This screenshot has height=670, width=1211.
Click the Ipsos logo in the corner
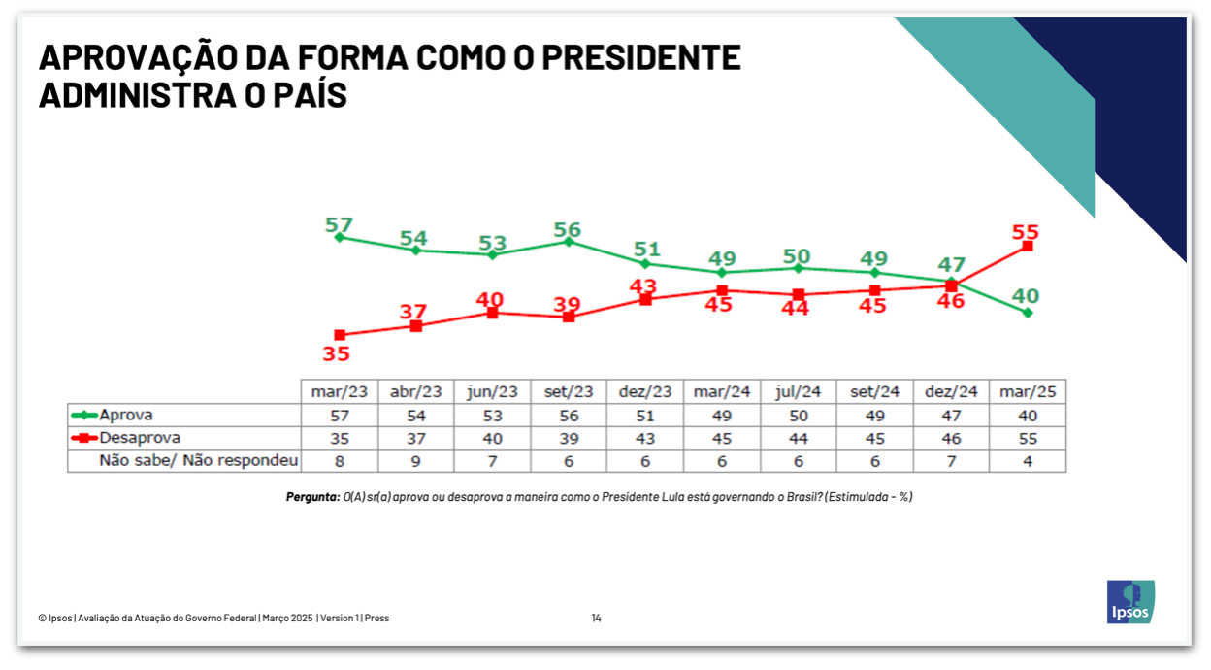point(1130,601)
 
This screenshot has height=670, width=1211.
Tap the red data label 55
point(1026,232)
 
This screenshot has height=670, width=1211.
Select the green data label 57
point(338,226)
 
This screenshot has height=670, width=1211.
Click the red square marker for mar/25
point(1027,247)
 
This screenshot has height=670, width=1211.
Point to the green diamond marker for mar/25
point(1027,313)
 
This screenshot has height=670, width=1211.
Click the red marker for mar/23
point(339,335)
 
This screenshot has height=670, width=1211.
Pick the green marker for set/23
point(569,242)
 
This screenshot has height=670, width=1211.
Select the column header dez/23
point(644,391)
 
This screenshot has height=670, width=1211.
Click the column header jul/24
point(798,391)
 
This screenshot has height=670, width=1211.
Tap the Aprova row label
point(126,415)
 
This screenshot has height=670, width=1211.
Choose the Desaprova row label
point(140,438)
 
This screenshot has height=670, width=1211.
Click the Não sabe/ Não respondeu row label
point(198,461)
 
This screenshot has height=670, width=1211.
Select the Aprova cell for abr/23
point(415,415)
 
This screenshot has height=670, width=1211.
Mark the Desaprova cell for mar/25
point(1027,438)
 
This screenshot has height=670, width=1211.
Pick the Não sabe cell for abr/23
point(415,461)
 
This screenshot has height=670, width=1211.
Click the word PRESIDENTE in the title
point(640,58)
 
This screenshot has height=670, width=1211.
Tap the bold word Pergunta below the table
point(312,497)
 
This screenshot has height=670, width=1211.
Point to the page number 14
point(596,618)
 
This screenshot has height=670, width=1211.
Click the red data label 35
point(336,354)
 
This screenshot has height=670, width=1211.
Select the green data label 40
point(1027,295)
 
